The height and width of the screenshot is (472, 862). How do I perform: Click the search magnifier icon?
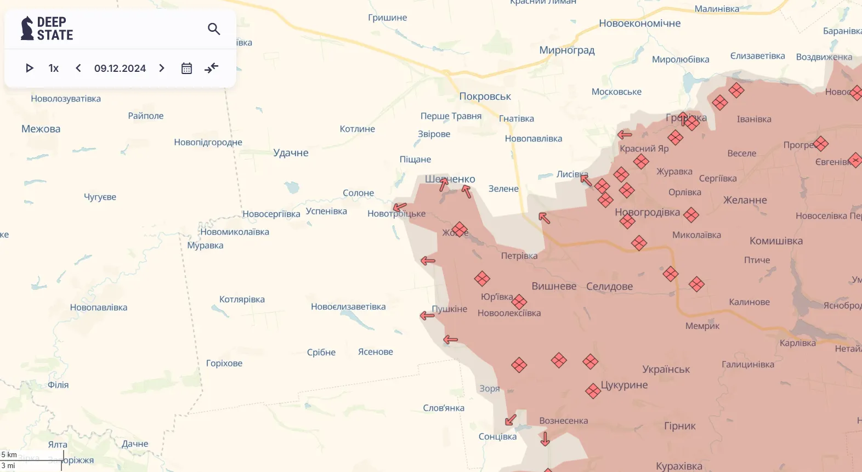pos(214,29)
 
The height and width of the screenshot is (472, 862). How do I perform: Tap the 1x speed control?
pos(54,68)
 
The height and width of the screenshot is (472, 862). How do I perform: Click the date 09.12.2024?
pos(120,68)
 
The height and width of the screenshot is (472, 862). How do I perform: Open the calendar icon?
pos(186,68)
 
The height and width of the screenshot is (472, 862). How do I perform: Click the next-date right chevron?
pos(162,68)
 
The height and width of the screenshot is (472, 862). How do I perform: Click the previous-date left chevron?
pos(78,68)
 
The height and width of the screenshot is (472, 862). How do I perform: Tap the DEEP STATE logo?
pos(47,29)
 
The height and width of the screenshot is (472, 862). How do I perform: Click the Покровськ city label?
pos(485,96)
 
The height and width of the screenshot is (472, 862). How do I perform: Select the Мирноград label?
pos(566,50)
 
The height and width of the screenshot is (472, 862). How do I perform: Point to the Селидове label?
pos(609,286)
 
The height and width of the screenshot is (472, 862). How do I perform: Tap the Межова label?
pos(41,129)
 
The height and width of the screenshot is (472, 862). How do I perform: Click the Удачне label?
pos(291,153)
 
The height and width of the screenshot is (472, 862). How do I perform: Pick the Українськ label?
pos(666,369)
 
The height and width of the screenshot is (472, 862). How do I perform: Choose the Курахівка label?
pos(679,466)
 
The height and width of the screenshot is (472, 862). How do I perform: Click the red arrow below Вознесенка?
pos(545,439)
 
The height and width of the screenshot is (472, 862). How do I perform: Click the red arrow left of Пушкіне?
pos(427,315)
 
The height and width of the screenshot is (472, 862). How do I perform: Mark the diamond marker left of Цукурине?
pos(593,391)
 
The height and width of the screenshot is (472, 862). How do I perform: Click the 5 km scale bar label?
pos(9,454)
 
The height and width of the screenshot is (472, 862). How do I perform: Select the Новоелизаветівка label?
pos(348,307)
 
